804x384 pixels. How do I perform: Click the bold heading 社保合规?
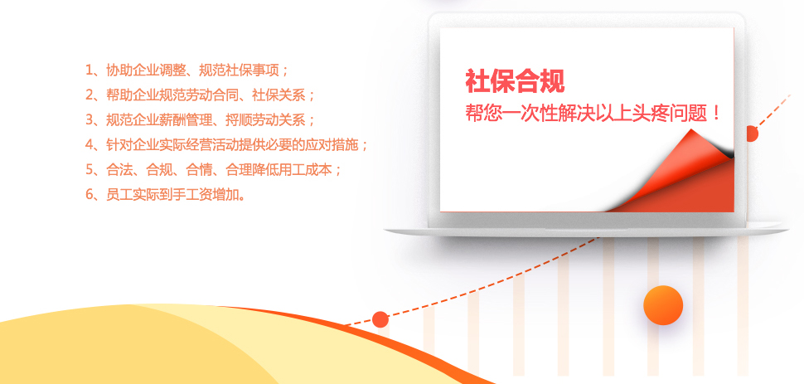point(515,81)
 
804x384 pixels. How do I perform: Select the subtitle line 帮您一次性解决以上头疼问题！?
point(593,113)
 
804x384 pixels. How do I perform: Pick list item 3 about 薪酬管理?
point(200,119)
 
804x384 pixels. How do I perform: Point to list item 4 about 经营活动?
point(226,144)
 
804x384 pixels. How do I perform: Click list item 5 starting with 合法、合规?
point(213,169)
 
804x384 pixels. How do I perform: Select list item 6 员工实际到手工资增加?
point(165,194)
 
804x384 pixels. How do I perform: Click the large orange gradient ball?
point(663,304)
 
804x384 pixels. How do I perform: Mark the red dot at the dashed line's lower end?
point(380,319)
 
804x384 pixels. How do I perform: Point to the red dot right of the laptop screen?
point(752,134)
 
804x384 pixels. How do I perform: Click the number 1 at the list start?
point(90,70)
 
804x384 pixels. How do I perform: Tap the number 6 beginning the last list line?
point(90,194)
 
